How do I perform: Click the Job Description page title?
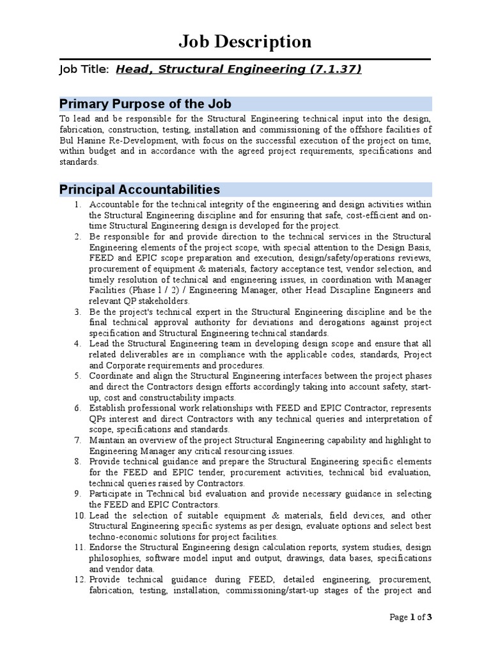245,42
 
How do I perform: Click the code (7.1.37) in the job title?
337,70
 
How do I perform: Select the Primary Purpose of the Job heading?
145,104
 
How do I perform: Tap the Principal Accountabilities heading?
139,190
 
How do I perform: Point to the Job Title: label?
84,70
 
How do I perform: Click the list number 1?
77,204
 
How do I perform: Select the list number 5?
77,376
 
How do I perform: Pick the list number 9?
77,494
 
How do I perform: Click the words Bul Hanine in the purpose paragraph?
80,141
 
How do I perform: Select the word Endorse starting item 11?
105,548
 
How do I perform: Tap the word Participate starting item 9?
113,494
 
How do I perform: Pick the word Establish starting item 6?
108,408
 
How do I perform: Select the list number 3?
77,312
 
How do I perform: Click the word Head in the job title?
131,70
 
